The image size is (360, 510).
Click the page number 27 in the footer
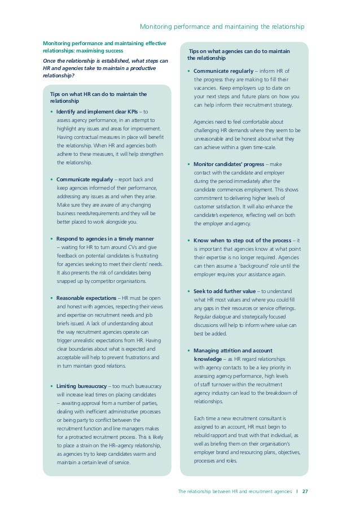(305, 492)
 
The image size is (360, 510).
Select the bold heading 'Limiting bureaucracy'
(81, 386)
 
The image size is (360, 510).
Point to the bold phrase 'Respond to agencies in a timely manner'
(105, 238)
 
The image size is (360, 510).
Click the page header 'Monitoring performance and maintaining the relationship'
(222, 27)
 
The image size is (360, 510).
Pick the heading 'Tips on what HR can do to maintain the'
(98, 94)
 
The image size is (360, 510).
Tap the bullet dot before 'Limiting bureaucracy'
(51, 386)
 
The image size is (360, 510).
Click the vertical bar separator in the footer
(297, 492)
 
